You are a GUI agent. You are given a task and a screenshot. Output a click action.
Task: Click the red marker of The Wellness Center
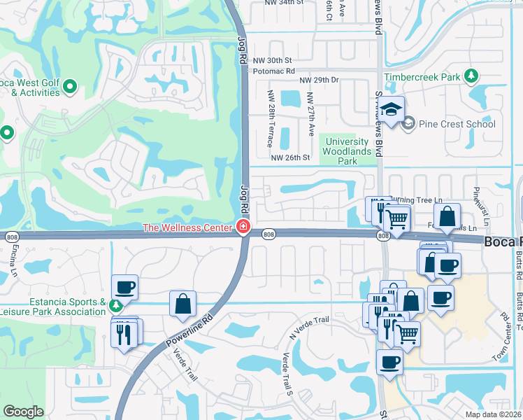tap(243, 227)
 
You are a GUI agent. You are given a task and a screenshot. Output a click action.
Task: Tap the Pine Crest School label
tap(457, 124)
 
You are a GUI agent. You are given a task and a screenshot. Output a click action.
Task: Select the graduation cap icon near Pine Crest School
tap(393, 110)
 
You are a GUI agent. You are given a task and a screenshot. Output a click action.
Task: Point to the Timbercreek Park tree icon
tap(472, 76)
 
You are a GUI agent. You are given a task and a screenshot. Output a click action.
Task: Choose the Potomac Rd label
tap(275, 71)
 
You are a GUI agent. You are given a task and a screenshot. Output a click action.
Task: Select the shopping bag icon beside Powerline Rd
tap(182, 304)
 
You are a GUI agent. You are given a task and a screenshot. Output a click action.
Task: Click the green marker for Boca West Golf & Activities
tap(69, 87)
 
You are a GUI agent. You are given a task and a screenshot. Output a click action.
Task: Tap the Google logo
tap(23, 412)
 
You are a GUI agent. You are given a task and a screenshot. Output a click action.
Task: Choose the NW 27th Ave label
tap(312, 115)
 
